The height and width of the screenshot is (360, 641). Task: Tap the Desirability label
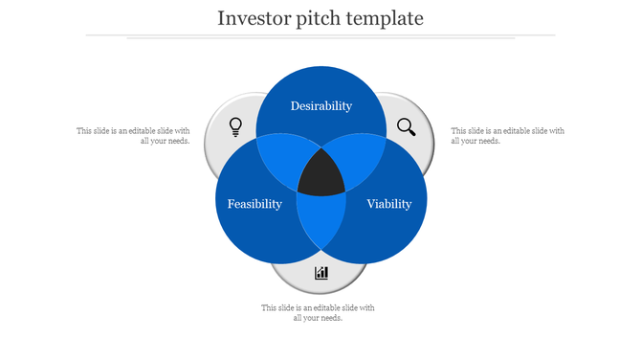tap(321, 106)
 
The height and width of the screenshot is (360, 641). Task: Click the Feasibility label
tap(254, 204)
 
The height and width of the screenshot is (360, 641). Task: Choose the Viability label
tap(388, 204)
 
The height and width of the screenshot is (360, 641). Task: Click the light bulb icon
tap(235, 126)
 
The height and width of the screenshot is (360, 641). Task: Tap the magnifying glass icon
tap(407, 126)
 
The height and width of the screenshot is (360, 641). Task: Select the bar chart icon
tap(321, 273)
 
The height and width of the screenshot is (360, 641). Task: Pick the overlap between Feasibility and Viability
tap(321, 222)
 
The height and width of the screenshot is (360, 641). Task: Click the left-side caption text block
tap(134, 135)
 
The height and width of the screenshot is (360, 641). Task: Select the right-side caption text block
tap(507, 135)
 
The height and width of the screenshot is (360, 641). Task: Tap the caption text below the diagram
tap(318, 312)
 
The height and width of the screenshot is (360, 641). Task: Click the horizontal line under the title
tap(320, 35)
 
